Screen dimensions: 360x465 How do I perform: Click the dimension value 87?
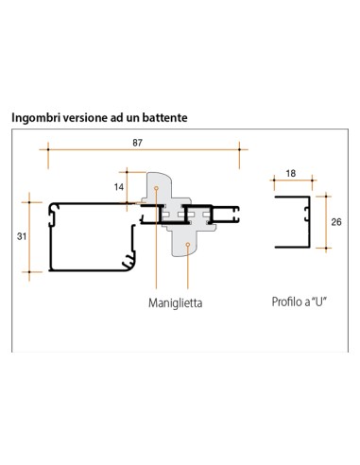[137, 143]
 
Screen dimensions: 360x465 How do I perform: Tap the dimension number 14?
[119, 187]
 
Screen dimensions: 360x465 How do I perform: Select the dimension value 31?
[22, 236]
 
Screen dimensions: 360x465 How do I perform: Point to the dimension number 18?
[291, 173]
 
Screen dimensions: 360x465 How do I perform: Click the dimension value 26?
[336, 222]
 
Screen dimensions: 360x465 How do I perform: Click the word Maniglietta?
[175, 303]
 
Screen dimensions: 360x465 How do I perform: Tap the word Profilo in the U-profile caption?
[286, 301]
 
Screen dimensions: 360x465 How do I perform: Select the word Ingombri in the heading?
[36, 118]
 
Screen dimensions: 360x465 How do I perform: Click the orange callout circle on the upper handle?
[156, 188]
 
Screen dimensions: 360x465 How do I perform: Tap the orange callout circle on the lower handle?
[188, 245]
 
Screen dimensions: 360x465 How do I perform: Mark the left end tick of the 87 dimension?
[48, 149]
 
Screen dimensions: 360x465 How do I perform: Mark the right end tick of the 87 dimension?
[239, 149]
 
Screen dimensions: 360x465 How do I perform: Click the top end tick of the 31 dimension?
[29, 202]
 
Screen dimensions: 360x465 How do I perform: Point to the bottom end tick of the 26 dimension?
[326, 249]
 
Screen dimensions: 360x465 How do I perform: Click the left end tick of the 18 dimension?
[274, 181]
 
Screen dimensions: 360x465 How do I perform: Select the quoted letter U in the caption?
[318, 301]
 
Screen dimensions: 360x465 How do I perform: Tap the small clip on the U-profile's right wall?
[306, 214]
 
